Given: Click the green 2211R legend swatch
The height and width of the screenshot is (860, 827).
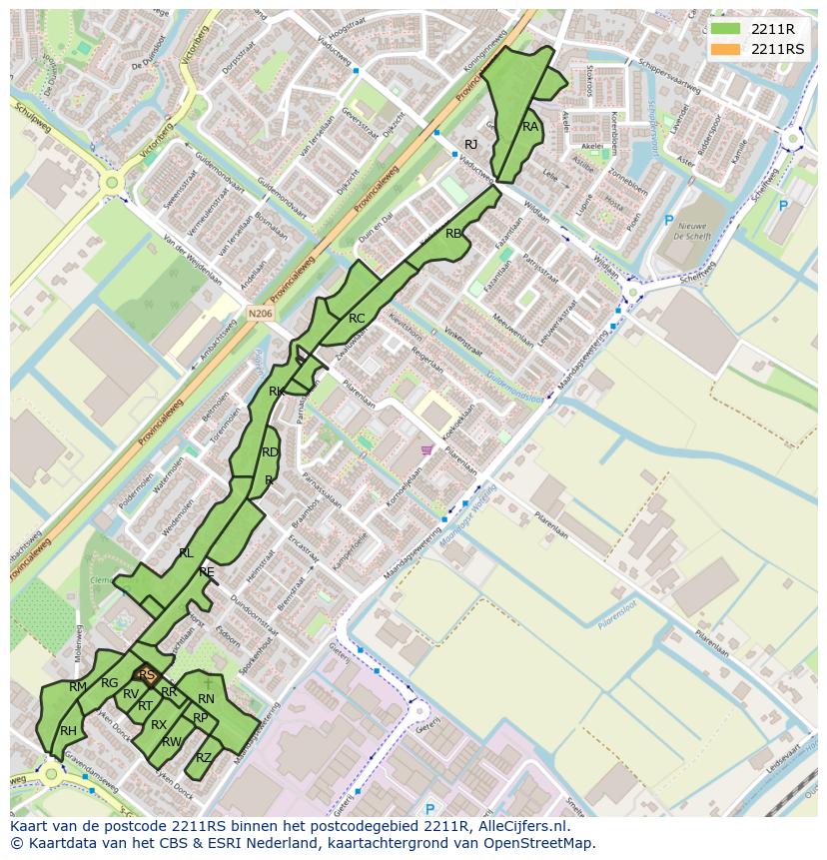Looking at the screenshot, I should [x=726, y=29].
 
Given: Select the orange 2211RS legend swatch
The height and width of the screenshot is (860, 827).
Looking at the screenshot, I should [x=726, y=49].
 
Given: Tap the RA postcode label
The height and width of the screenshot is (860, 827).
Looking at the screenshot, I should [x=530, y=127].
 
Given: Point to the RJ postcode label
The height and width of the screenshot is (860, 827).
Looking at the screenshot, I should [x=471, y=145].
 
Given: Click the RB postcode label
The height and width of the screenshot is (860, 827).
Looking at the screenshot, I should [x=453, y=234].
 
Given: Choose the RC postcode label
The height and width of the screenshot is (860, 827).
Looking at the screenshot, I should [x=357, y=319].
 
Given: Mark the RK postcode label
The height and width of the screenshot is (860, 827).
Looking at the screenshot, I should [x=277, y=392].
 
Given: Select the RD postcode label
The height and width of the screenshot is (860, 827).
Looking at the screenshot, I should [x=270, y=452].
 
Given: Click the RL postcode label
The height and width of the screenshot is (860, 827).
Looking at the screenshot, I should [x=186, y=552].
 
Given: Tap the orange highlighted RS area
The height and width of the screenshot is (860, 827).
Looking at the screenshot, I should [x=147, y=676].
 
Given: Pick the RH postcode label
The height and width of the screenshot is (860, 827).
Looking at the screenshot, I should [x=68, y=731].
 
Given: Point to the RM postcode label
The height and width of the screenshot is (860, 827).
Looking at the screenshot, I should [x=78, y=687].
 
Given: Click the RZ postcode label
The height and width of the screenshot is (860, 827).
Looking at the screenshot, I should [x=204, y=757].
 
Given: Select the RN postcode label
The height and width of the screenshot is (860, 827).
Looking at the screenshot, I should [x=206, y=699].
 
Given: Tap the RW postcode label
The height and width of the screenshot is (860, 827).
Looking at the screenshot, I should [x=172, y=741].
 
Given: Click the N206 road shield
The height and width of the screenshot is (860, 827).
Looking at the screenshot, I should [x=260, y=313].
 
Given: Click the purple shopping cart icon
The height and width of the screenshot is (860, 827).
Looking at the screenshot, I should [x=427, y=449].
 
